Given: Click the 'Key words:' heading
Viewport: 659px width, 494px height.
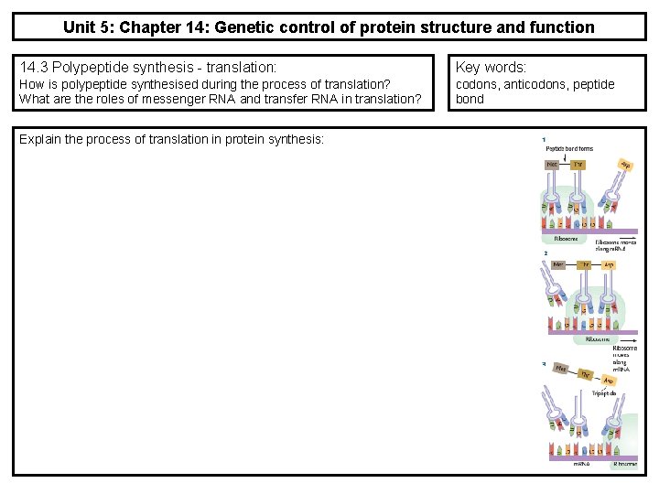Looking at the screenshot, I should [491, 67].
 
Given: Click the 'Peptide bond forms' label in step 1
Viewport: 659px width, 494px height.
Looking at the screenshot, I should [568, 148].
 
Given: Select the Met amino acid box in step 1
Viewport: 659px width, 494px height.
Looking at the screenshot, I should [553, 166].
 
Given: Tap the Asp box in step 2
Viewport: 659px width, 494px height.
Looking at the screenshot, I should [609, 263].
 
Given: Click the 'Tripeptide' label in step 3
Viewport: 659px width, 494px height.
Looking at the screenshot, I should [604, 393].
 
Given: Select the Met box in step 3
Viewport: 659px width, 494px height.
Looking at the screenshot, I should [557, 370].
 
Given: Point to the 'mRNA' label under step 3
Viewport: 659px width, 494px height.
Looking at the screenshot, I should [582, 463].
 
